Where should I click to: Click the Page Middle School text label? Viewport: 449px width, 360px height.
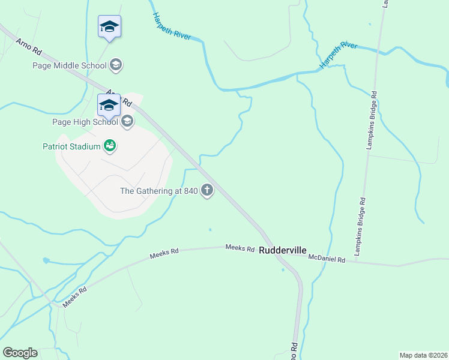[x=70, y=65]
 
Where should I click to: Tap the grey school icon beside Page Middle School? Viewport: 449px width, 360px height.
[x=116, y=65]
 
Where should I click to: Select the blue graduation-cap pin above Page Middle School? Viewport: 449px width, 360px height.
[x=109, y=27]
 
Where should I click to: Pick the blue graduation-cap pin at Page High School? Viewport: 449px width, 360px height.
[x=109, y=106]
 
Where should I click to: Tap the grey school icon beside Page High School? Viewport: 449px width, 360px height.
[x=127, y=122]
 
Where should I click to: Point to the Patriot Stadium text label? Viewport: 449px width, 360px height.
[x=71, y=146]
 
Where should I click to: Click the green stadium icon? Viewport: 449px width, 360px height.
[x=109, y=145]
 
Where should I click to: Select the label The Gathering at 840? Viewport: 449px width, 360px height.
[x=159, y=191]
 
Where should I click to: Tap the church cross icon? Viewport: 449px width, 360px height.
[x=207, y=191]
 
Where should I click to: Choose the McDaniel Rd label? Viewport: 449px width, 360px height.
[x=327, y=259]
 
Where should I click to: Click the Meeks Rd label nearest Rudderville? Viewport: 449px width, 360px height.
[x=240, y=248]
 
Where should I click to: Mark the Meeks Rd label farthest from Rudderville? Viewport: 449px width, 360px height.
[x=74, y=297]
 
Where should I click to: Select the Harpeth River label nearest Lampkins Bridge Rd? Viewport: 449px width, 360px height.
[x=339, y=55]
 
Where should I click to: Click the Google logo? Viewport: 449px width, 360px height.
[x=20, y=353]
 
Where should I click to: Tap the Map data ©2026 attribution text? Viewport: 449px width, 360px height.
[x=423, y=355]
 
